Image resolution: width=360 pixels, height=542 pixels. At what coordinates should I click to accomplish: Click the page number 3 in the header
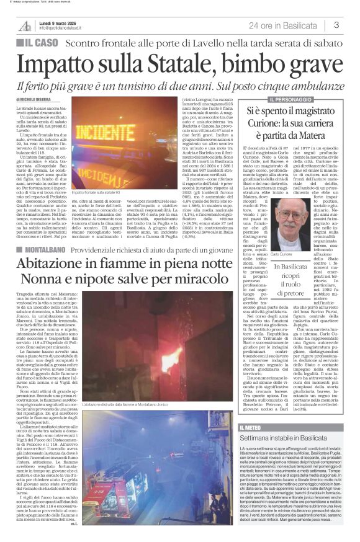click(336, 25)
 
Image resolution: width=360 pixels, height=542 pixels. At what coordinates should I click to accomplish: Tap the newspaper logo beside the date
click(25, 25)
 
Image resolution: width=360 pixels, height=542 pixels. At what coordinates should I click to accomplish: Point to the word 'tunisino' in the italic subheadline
click(152, 85)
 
